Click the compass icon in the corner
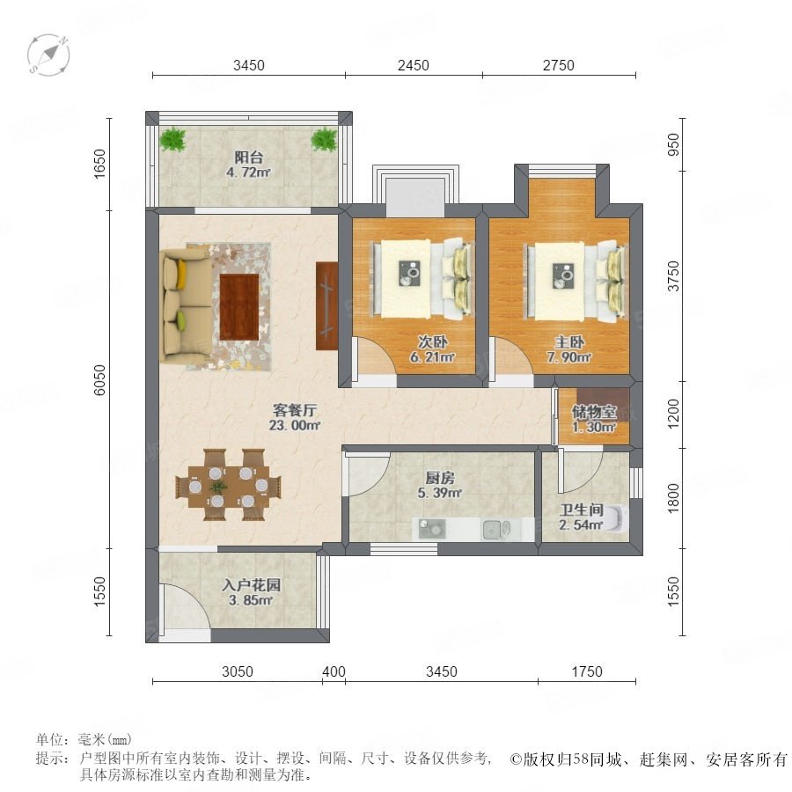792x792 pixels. point(48,55)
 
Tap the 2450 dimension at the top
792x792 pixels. point(414,65)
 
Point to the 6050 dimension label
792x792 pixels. point(100,379)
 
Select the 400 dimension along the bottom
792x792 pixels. point(334,671)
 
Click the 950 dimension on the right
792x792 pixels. point(674,145)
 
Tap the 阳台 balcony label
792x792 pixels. point(248,158)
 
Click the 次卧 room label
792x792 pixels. point(433,342)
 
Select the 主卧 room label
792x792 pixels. point(569,342)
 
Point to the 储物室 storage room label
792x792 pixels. point(594,412)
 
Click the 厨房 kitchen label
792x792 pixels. point(440,477)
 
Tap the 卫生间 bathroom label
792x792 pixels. point(582,510)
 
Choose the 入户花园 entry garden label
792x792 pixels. point(251,585)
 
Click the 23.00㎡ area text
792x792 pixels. point(295,425)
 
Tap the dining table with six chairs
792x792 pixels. point(228,485)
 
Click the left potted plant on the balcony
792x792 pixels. point(172,139)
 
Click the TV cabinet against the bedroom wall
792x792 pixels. point(326,305)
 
